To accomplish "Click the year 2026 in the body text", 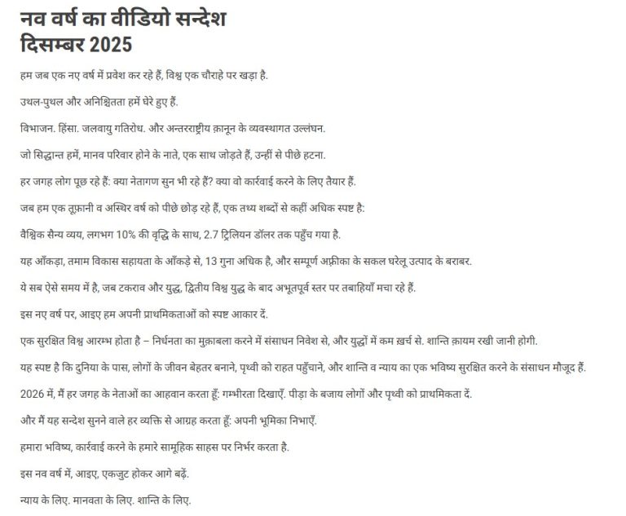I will point(31,394).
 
